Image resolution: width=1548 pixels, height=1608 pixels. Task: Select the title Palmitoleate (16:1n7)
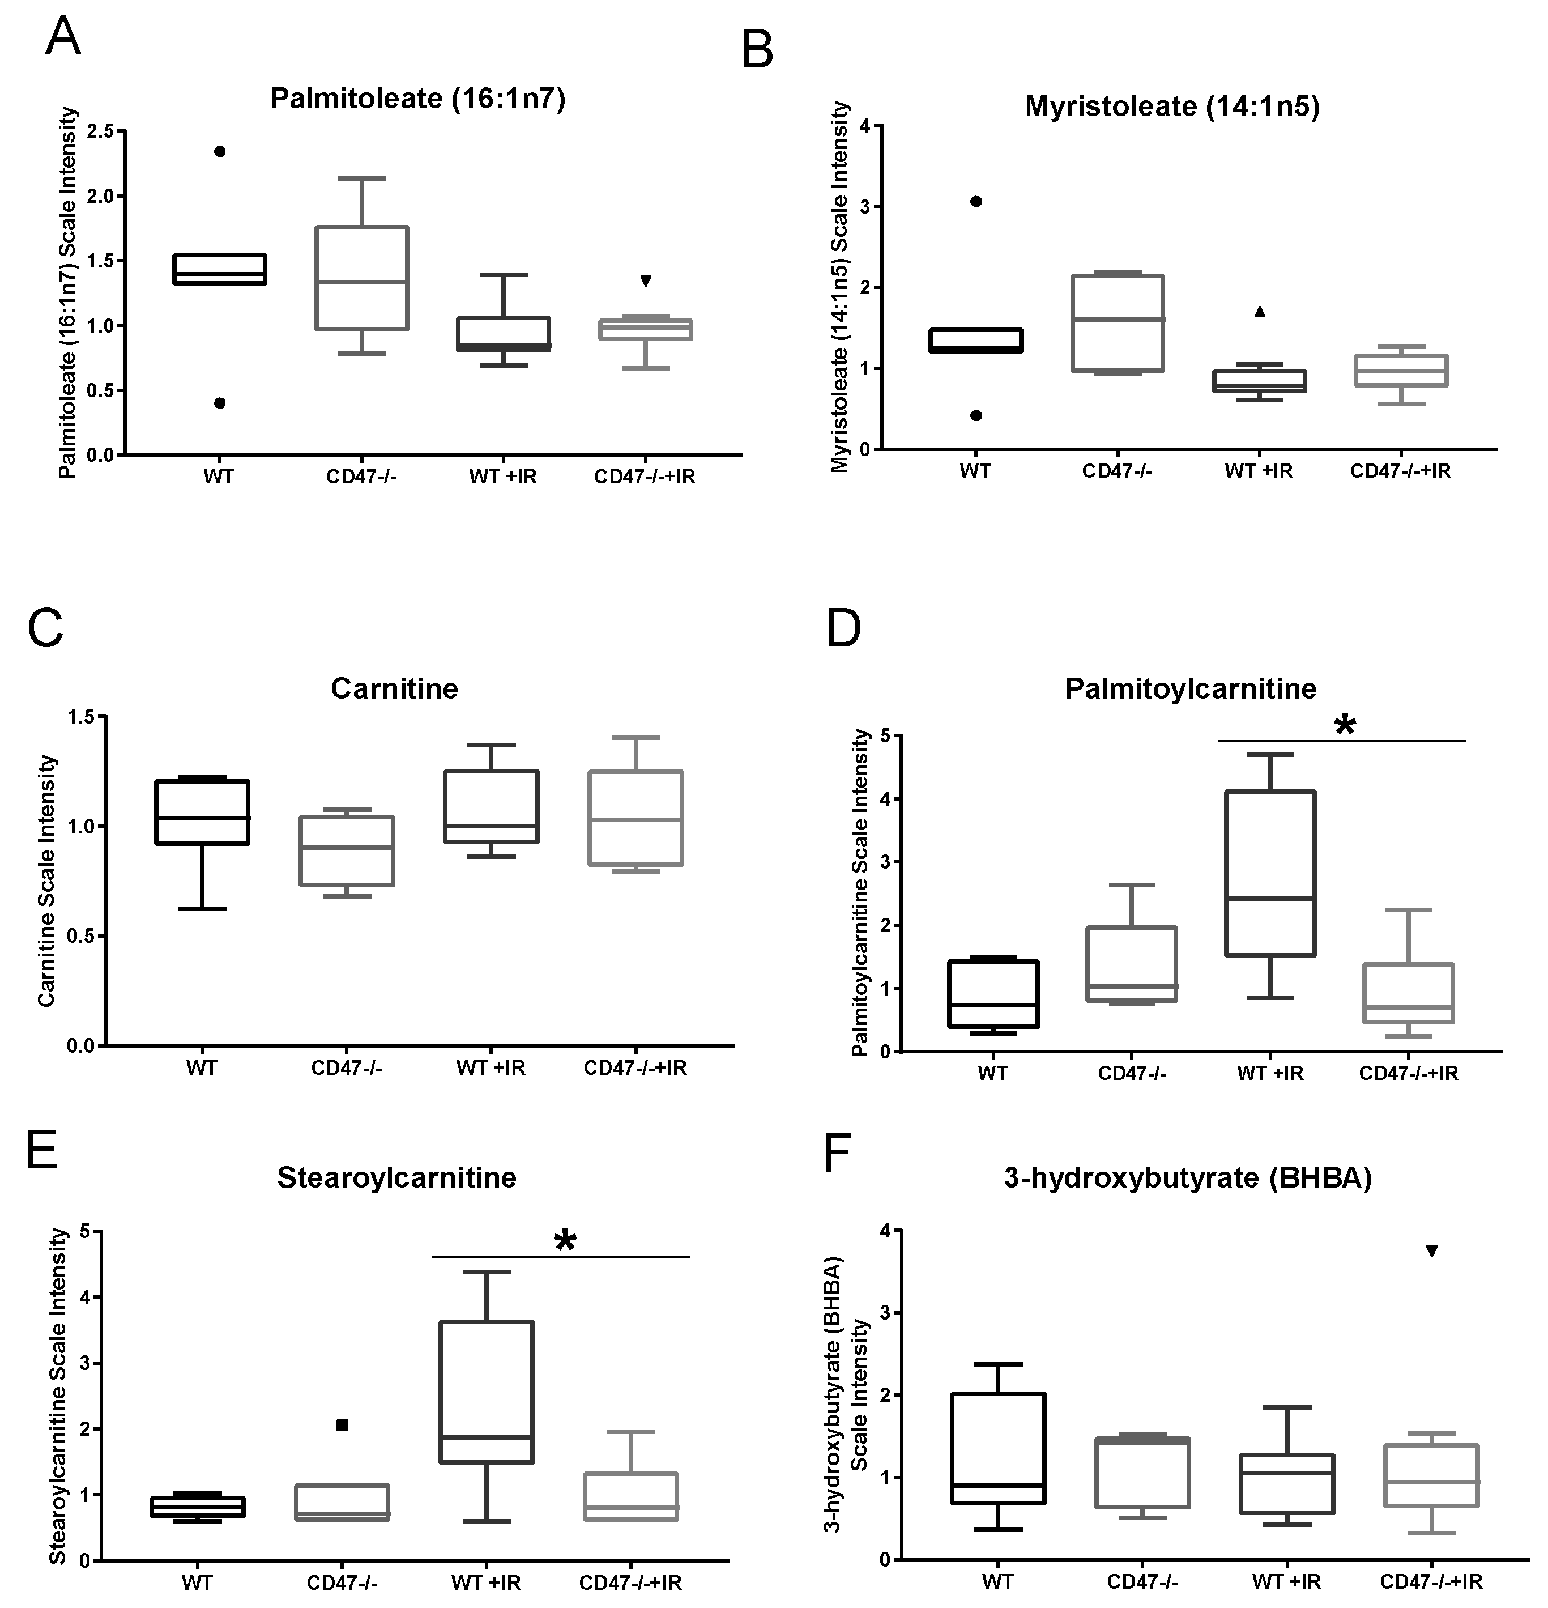pyautogui.click(x=417, y=99)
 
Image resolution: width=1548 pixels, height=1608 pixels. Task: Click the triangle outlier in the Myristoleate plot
pyautogui.click(x=1260, y=312)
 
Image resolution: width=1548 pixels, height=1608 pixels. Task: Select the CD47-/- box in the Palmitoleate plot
pyautogui.click(x=363, y=278)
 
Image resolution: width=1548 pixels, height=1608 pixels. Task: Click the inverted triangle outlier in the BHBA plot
pyautogui.click(x=1432, y=1251)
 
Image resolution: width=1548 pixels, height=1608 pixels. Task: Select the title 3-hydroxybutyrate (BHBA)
pyautogui.click(x=1188, y=1178)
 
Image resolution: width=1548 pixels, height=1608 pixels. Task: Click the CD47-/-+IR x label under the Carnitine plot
pyautogui.click(x=635, y=1068)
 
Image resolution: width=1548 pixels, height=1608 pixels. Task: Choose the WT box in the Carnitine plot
pyautogui.click(x=203, y=812)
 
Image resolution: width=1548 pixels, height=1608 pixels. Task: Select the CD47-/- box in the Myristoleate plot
pyautogui.click(x=1118, y=323)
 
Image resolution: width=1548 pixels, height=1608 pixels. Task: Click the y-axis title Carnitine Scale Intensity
pyautogui.click(x=47, y=881)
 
